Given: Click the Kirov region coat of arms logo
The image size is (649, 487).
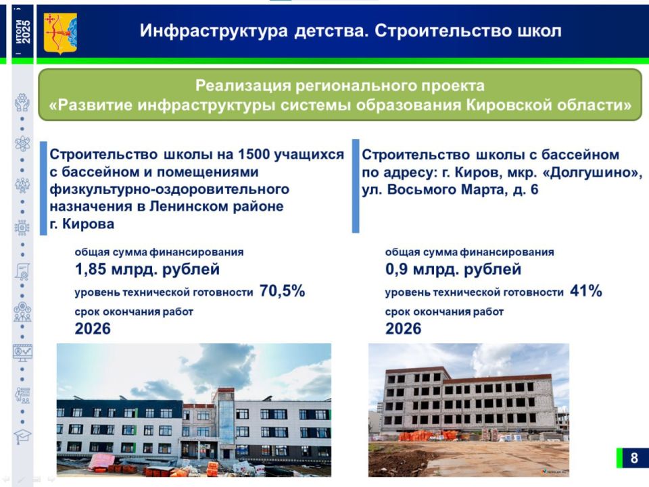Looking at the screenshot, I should [60, 33].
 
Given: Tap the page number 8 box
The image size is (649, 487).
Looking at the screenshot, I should [632, 458].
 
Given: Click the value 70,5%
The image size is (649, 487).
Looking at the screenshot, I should [282, 291].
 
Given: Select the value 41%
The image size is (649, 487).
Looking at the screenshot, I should [585, 291].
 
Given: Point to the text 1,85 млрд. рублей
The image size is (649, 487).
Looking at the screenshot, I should [147, 270].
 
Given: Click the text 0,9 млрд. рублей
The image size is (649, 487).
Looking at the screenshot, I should [453, 270].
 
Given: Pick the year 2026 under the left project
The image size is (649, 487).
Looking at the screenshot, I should [93, 329].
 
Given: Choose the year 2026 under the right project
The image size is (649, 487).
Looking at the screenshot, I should [403, 329].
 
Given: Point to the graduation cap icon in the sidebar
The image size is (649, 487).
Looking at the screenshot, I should [22, 436].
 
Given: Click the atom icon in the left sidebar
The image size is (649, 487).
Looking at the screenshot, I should [22, 143].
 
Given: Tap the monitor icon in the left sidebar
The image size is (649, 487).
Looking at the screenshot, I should [22, 352].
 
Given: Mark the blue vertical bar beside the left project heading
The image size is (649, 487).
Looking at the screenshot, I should [44, 187].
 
